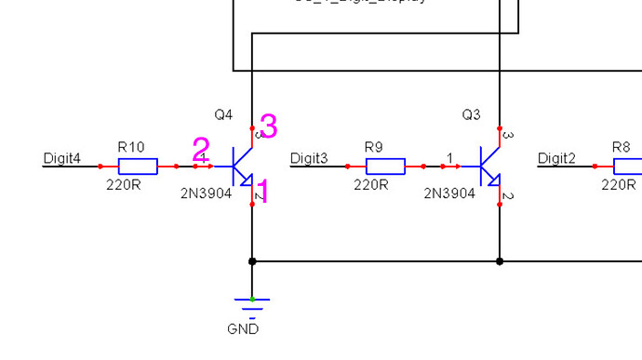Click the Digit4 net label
61,158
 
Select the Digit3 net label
309,158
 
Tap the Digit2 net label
556,158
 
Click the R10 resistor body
137,167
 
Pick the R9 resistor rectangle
384,167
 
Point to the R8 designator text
621,147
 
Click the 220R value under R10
123,185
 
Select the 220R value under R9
370,185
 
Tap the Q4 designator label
223,114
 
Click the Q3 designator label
472,114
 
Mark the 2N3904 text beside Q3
449,193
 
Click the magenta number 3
268,126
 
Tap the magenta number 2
201,149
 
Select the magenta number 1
261,192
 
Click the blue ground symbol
252,304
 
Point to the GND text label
243,329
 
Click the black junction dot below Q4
252,261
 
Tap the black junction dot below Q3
500,261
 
